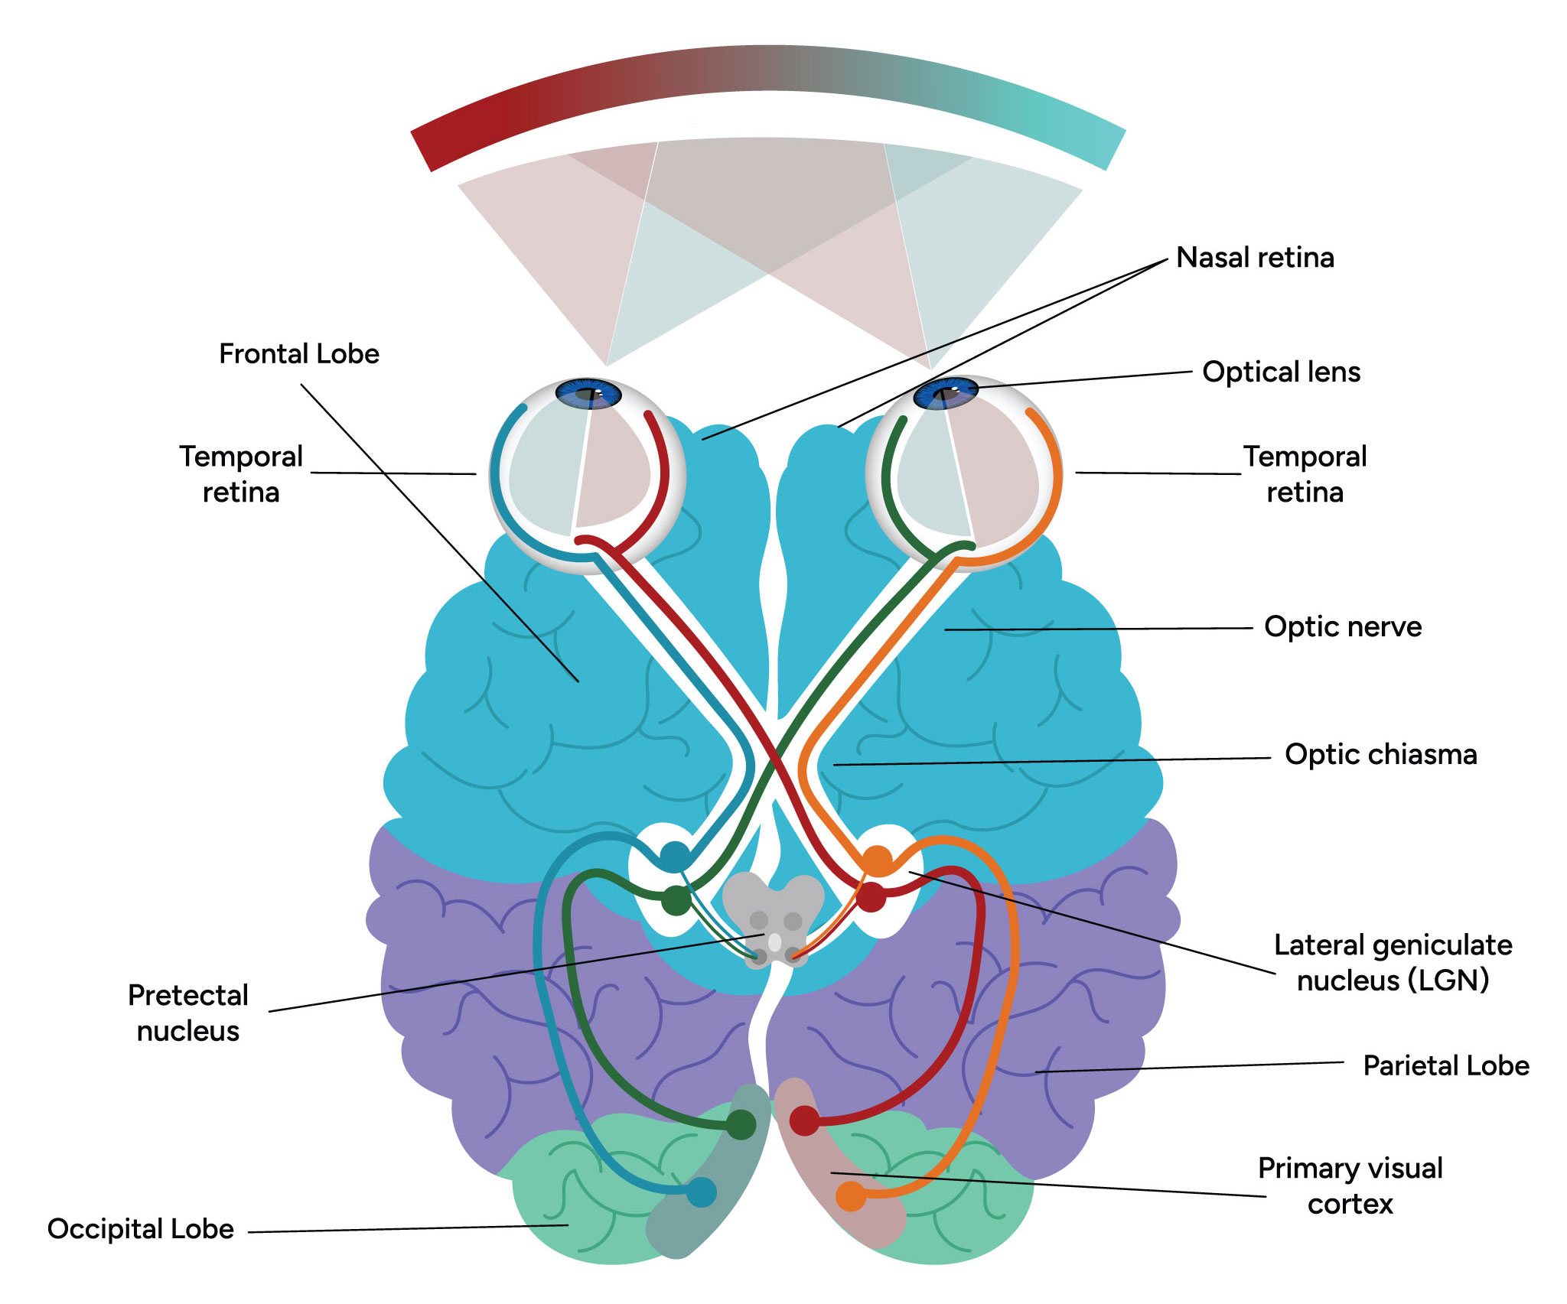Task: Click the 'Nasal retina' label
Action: pyautogui.click(x=1255, y=258)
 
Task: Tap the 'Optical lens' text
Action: pyautogui.click(x=1282, y=372)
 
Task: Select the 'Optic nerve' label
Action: pyautogui.click(x=1343, y=627)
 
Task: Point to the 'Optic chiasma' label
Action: pyautogui.click(x=1381, y=755)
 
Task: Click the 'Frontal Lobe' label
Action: pyautogui.click(x=299, y=354)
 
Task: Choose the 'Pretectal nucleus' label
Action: pyautogui.click(x=188, y=1013)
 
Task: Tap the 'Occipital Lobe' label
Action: pyautogui.click(x=141, y=1229)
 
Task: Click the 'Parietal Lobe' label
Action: pyautogui.click(x=1446, y=1066)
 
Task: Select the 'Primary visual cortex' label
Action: pyautogui.click(x=1350, y=1186)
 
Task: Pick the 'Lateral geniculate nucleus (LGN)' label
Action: pyautogui.click(x=1393, y=963)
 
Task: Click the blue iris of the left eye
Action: pyautogui.click(x=588, y=393)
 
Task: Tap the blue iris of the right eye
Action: pyautogui.click(x=946, y=393)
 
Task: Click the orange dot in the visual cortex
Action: pyautogui.click(x=851, y=1196)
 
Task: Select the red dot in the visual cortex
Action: pyautogui.click(x=804, y=1121)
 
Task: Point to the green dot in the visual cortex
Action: pyautogui.click(x=741, y=1124)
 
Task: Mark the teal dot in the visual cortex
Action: pyautogui.click(x=701, y=1192)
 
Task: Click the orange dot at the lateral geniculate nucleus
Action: pyautogui.click(x=878, y=860)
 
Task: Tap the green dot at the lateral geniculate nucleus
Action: pyautogui.click(x=676, y=900)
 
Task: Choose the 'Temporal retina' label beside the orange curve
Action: pyautogui.click(x=1305, y=474)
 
